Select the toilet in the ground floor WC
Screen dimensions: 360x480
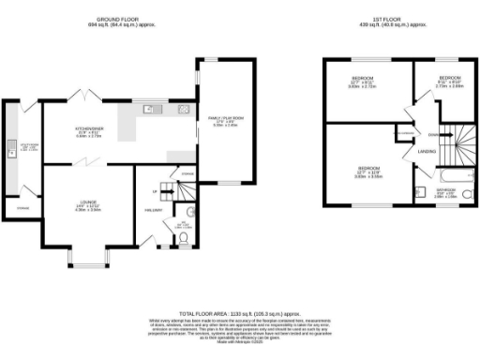(x=184, y=238)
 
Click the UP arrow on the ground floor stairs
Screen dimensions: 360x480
(x=155, y=191)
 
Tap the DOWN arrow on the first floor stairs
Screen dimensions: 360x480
(x=432, y=134)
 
